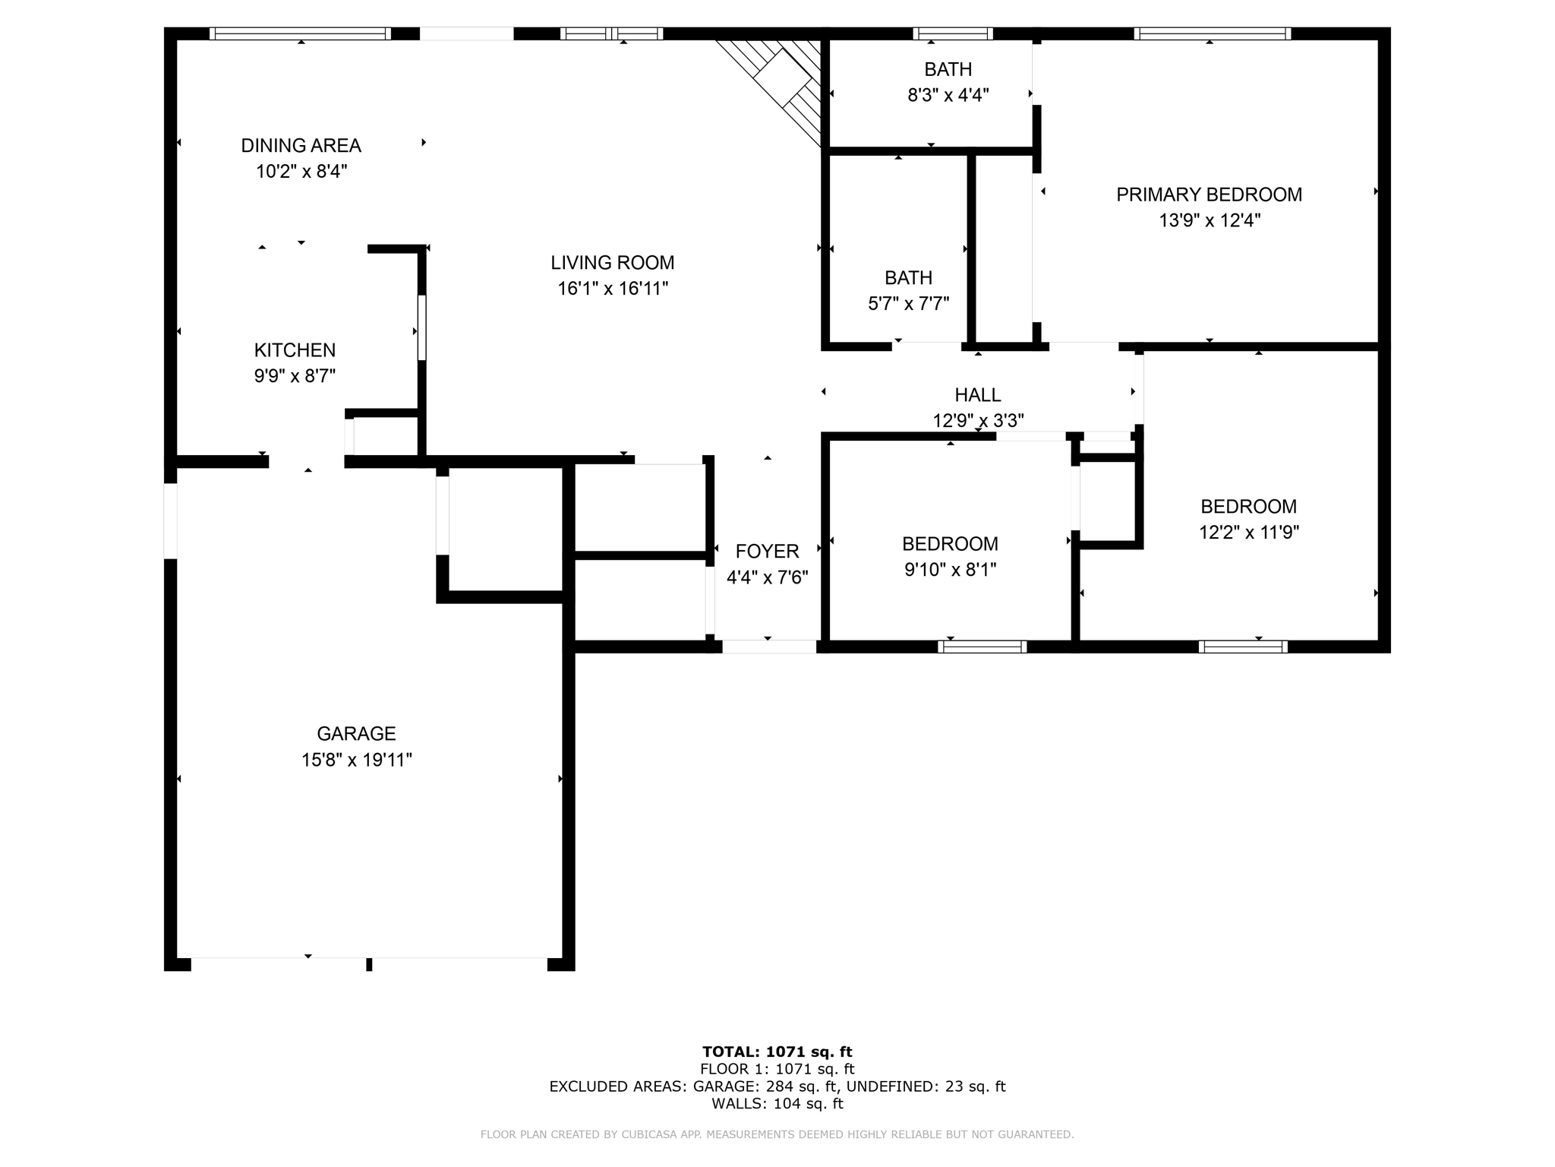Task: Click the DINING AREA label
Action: click(301, 145)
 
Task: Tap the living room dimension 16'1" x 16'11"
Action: click(613, 289)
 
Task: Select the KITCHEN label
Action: click(295, 350)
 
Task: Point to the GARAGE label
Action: click(356, 734)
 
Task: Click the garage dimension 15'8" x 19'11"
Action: click(356, 760)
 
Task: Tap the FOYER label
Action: click(767, 552)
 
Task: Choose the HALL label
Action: click(977, 395)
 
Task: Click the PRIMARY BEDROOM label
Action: click(1209, 194)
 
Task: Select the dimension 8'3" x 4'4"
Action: click(948, 96)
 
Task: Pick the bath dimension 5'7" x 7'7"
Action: click(908, 304)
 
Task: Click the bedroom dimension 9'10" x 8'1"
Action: click(950, 570)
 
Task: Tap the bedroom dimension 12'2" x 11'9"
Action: click(1248, 533)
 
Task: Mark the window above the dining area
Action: click(300, 33)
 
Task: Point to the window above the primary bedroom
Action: click(1212, 33)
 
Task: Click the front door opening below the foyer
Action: click(768, 647)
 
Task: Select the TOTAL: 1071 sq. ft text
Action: click(777, 1052)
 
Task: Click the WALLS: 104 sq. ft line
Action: click(777, 1104)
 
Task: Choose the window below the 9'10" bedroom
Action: click(982, 647)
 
